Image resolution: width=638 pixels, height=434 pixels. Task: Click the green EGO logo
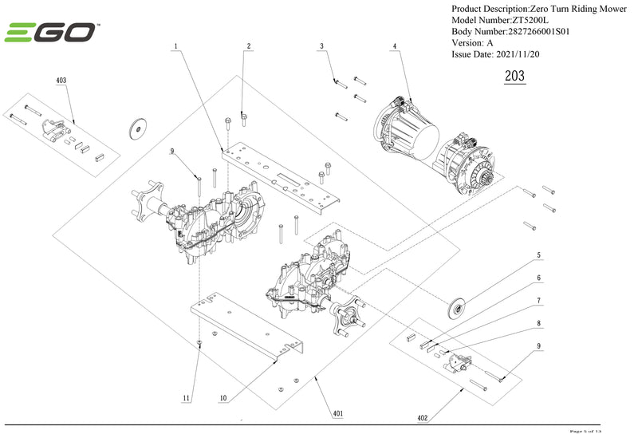(x=52, y=33)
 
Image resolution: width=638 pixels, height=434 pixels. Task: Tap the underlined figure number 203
(x=515, y=77)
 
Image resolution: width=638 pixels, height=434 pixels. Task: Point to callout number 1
(x=175, y=47)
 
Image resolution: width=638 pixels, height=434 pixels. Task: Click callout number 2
(x=249, y=47)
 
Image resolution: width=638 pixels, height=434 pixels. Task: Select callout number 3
(x=322, y=47)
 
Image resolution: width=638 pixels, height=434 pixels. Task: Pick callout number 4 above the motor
(x=395, y=47)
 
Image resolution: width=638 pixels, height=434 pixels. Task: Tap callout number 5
(x=538, y=255)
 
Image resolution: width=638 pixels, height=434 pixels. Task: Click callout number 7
(x=538, y=301)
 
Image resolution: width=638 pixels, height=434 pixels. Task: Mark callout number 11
(x=186, y=397)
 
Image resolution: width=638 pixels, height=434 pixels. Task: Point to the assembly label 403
(x=61, y=81)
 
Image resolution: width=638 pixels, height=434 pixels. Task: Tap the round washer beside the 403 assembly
(x=140, y=127)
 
